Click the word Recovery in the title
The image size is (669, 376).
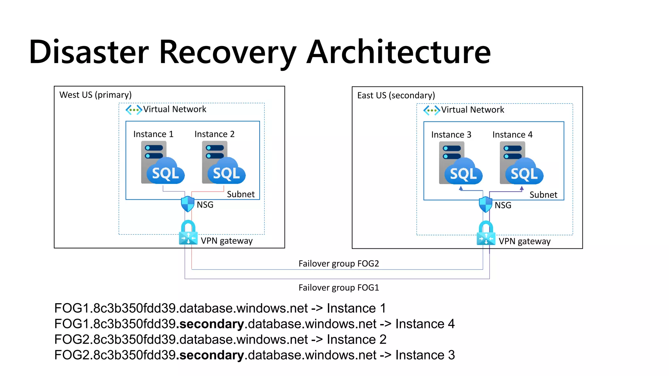pos(228,52)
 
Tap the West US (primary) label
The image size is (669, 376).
pos(95,95)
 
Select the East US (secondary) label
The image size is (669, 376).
pos(396,96)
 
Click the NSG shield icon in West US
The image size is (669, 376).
pos(188,204)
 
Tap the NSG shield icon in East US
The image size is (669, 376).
pos(485,205)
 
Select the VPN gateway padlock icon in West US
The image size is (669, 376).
pos(188,233)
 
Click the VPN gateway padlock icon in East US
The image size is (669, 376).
pos(486,233)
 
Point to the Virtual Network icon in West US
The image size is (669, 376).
pos(134,110)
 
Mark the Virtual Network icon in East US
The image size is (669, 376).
pos(432,110)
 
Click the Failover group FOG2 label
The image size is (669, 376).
pos(339,264)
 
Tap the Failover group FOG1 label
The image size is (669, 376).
pos(339,288)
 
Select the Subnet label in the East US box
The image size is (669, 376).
pos(543,195)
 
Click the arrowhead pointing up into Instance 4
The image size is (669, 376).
pos(522,188)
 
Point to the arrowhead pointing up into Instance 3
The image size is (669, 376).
pos(461,188)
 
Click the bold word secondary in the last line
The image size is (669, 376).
pos(211,355)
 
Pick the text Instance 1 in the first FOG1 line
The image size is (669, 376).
pos(356,308)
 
